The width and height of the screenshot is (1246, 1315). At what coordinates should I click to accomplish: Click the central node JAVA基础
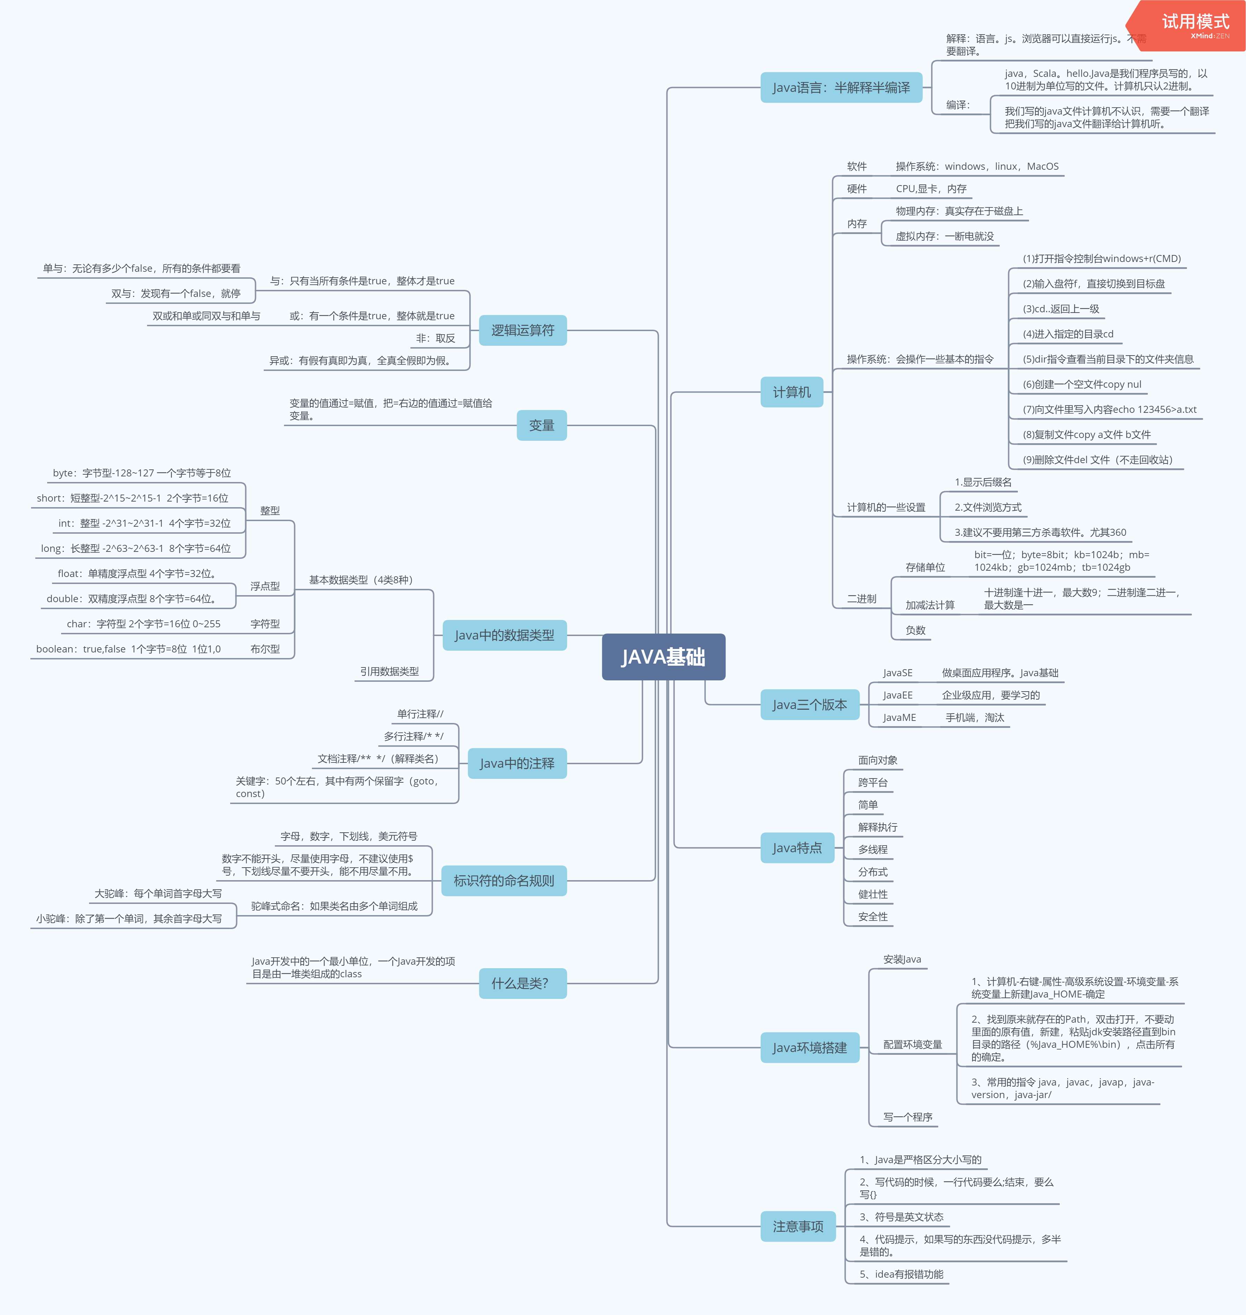[663, 657]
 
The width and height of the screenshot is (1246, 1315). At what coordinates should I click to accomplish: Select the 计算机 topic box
[791, 392]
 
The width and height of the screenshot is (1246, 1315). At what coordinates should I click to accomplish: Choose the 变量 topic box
[541, 425]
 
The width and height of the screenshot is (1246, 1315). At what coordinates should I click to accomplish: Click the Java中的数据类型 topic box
[504, 635]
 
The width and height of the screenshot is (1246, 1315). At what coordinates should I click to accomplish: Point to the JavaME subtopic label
[899, 717]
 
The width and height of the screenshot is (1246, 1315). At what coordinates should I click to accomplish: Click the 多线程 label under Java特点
[872, 849]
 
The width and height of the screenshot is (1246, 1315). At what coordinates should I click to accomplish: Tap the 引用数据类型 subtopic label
[389, 671]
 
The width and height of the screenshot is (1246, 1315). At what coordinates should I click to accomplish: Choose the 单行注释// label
[420, 714]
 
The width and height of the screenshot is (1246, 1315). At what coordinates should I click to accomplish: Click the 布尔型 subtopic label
[265, 649]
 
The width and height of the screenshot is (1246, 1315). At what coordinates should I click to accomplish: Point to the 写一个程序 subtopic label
[907, 1117]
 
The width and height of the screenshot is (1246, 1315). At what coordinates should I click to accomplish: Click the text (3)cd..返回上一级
[1061, 309]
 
